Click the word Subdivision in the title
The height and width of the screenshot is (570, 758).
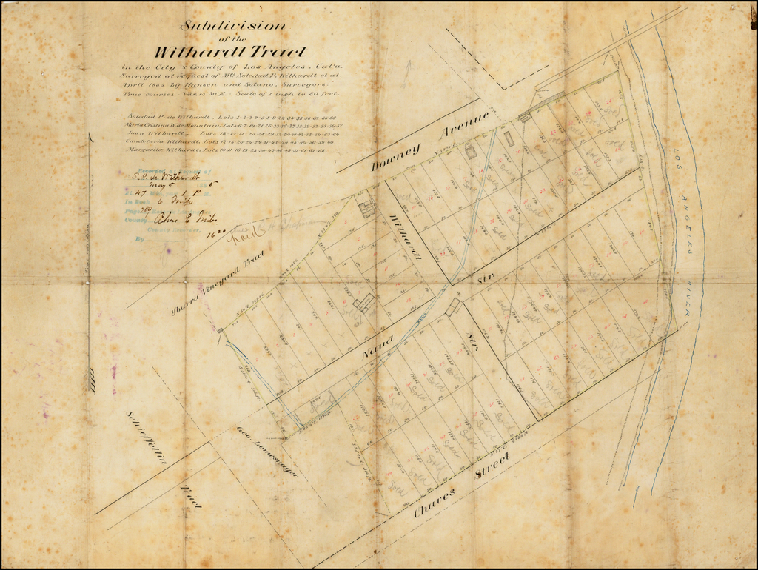tap(233, 25)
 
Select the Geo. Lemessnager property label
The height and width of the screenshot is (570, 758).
tap(267, 451)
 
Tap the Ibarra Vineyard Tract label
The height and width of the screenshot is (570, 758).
tap(218, 282)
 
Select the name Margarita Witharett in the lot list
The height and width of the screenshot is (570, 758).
tap(160, 150)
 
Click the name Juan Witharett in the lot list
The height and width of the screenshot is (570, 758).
tap(153, 133)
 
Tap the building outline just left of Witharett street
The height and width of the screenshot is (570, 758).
tap(366, 209)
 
